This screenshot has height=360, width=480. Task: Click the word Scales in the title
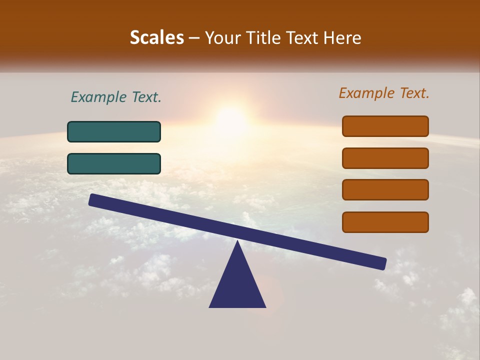(x=156, y=37)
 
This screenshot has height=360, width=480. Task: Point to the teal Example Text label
(x=116, y=97)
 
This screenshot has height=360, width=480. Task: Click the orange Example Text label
(x=384, y=93)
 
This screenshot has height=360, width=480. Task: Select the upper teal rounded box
(x=114, y=131)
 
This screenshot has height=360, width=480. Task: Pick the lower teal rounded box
(x=114, y=163)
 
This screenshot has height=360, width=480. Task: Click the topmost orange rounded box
(x=385, y=126)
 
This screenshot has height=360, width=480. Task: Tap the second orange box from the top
(x=385, y=158)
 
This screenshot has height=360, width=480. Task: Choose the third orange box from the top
(x=385, y=189)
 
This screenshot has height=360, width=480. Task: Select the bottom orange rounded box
(x=385, y=222)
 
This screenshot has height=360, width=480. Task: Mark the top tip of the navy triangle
(x=237, y=242)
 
